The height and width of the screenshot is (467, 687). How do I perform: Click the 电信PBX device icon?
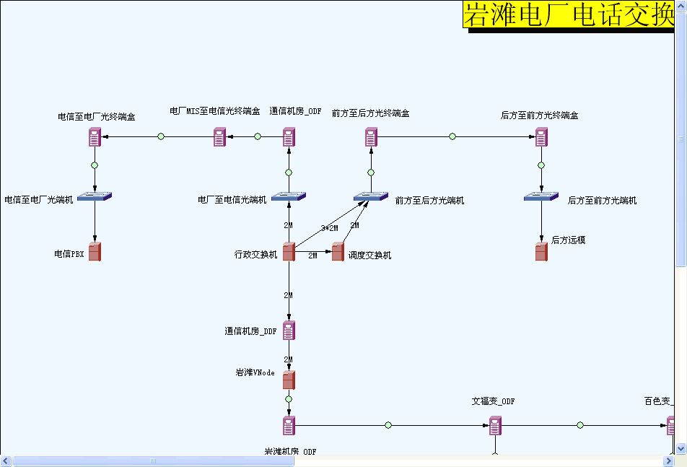point(95,252)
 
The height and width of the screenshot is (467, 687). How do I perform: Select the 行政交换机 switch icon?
point(289,252)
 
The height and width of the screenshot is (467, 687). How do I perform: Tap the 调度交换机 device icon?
point(338,253)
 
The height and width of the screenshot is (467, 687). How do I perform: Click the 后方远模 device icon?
point(541,252)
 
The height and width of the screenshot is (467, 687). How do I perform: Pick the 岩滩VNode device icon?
point(289,380)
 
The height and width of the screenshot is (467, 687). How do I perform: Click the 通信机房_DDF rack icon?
point(289,331)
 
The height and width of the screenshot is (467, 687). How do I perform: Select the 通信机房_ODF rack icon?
point(289,136)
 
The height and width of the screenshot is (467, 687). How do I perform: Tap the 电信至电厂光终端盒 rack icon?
point(95,136)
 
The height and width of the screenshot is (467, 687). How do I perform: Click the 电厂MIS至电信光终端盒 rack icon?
point(219,136)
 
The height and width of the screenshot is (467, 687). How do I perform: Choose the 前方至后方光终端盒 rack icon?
point(371,136)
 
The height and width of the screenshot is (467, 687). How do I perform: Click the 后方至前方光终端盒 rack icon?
point(541,136)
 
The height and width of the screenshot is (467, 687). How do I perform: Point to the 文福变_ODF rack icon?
point(495,426)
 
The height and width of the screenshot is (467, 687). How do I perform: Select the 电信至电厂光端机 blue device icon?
point(95,196)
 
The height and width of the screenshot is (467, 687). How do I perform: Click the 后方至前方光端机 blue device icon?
point(541,196)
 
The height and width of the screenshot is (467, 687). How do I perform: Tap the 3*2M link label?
point(329,228)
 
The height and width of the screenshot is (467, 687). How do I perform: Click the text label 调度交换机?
point(369,256)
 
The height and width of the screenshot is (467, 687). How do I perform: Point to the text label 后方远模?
point(568,240)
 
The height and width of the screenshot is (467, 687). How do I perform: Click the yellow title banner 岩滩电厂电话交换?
point(568,14)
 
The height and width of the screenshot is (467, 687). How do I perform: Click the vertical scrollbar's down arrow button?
point(681,449)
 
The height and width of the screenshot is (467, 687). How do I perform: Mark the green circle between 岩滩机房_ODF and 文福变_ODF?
point(388,425)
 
